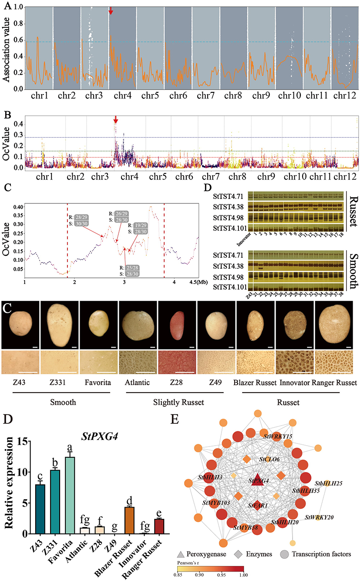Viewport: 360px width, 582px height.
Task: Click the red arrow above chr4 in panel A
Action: pyautogui.click(x=111, y=10)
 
